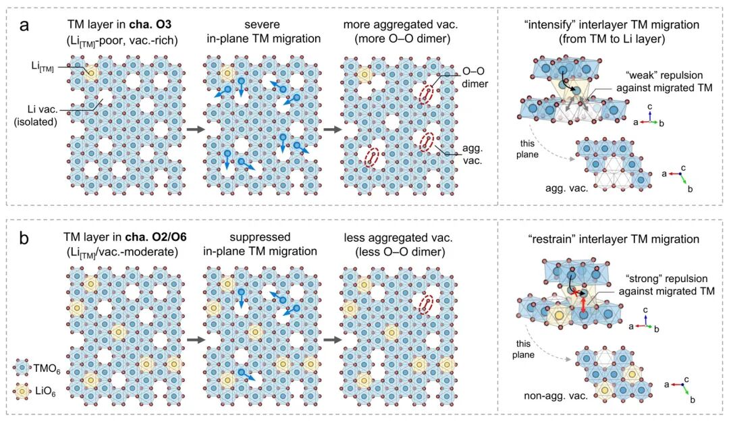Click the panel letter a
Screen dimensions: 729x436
point(24,25)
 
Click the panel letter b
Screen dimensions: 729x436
point(24,238)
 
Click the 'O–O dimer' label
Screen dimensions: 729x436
point(475,78)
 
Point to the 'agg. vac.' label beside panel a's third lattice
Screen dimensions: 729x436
point(473,155)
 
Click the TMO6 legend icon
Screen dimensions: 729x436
point(22,368)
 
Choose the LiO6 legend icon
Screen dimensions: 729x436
point(22,391)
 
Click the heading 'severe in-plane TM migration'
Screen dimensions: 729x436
point(264,32)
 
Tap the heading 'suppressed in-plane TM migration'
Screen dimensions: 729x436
point(260,244)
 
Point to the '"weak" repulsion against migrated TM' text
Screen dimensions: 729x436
point(664,82)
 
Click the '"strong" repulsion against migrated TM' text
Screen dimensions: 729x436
point(666,285)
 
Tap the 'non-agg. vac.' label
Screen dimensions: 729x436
point(556,396)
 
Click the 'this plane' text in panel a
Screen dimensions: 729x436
point(527,148)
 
